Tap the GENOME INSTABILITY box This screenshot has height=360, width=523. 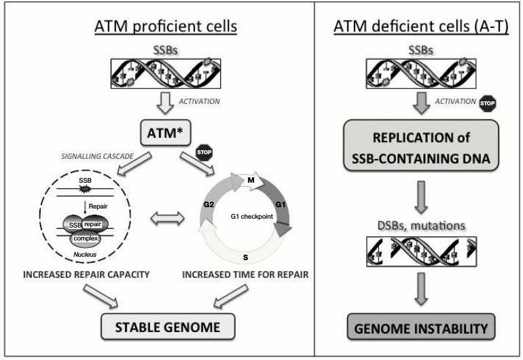pyautogui.click(x=420, y=329)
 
